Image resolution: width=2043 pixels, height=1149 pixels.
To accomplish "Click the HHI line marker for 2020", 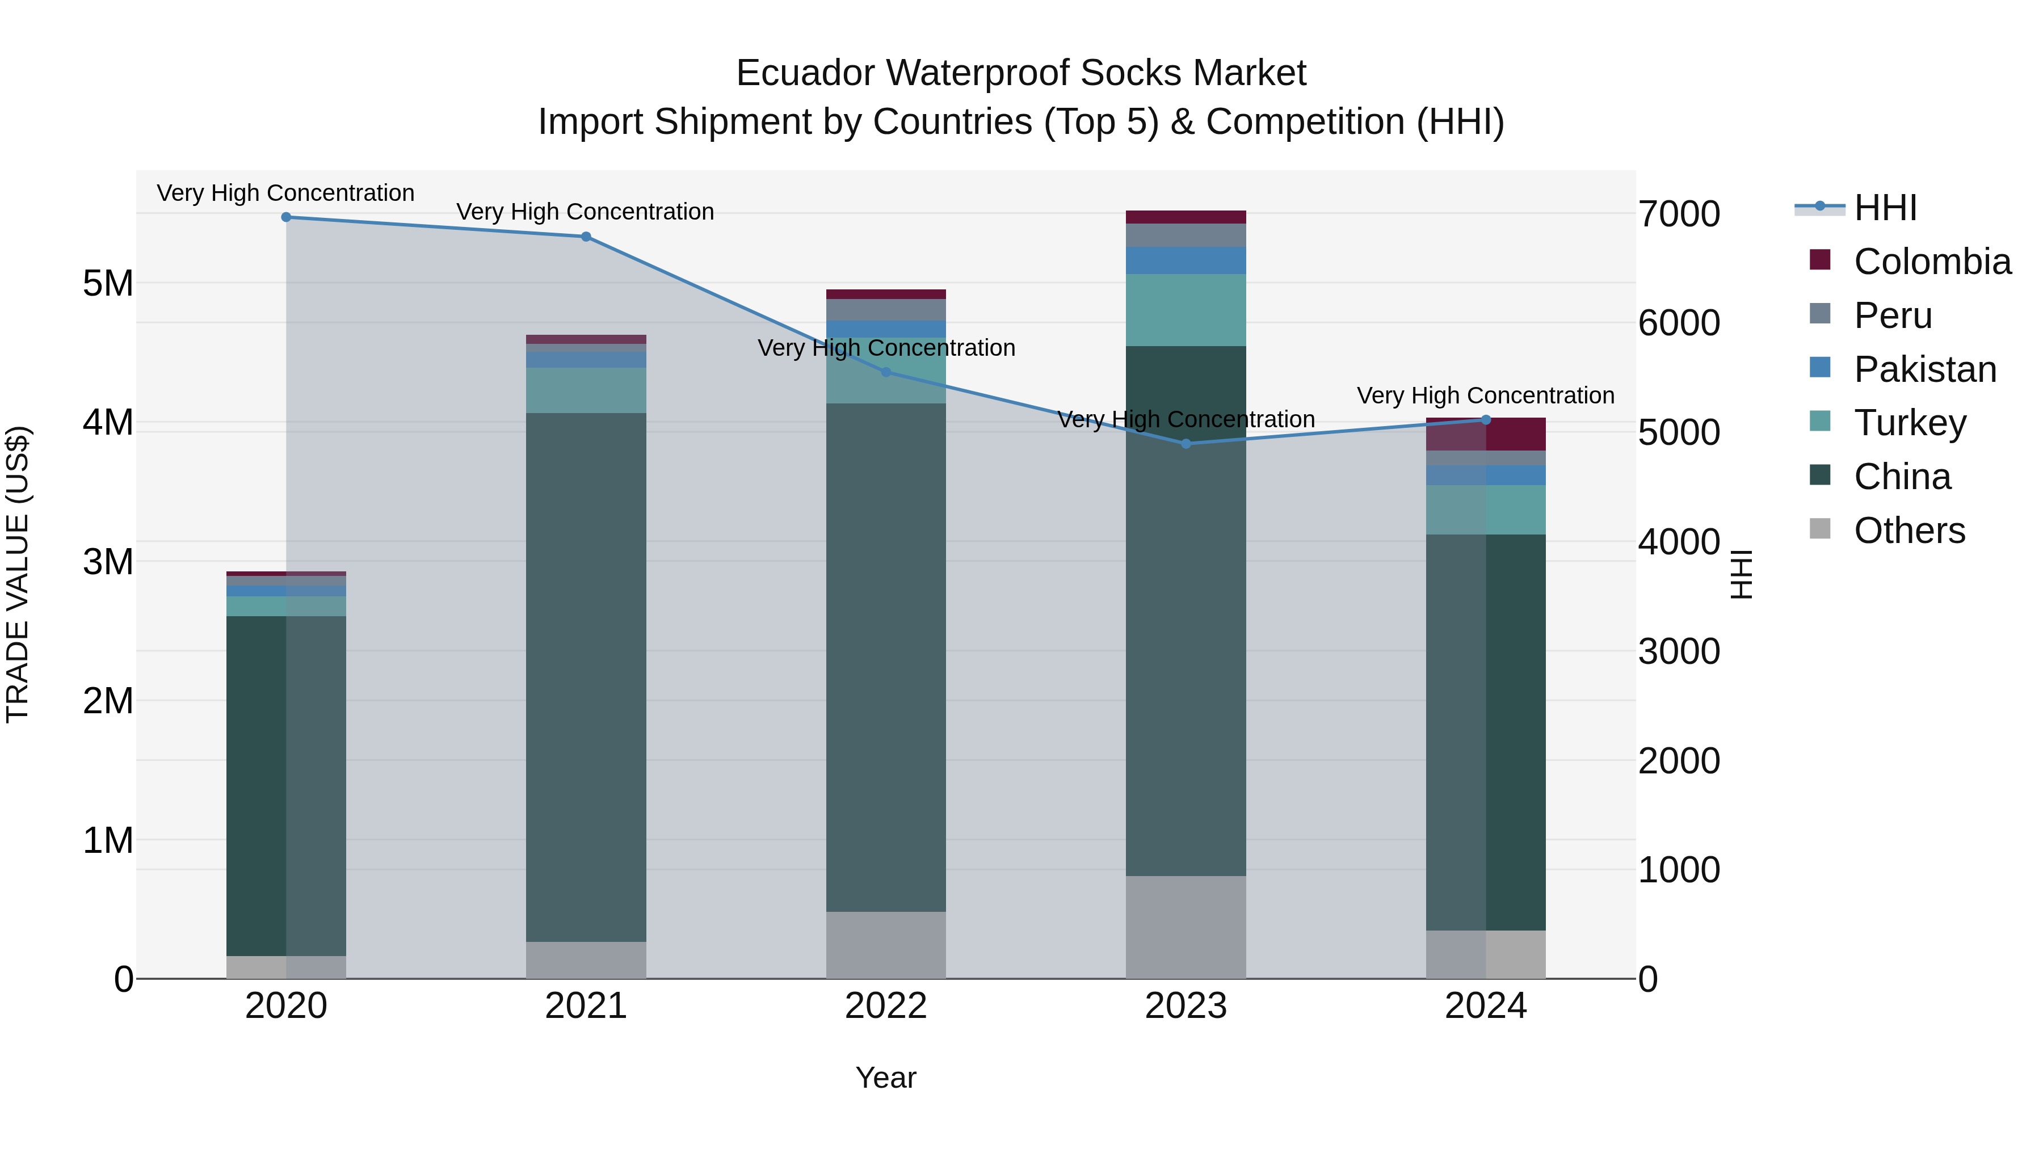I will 287,217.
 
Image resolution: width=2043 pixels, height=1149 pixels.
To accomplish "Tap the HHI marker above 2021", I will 586,236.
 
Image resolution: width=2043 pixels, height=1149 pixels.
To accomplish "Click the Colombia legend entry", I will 1932,262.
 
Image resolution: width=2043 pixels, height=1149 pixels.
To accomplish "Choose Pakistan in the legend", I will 1925,369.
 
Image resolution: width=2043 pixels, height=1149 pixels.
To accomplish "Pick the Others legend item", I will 1909,531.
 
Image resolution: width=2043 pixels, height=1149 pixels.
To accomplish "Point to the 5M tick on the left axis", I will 108,283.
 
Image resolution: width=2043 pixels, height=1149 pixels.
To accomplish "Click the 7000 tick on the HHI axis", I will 1679,214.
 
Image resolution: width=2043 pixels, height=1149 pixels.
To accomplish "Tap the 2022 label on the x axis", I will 886,1006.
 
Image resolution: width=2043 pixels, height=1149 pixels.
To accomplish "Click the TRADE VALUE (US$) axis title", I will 18,574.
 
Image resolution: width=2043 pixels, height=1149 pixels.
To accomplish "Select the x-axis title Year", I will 886,1079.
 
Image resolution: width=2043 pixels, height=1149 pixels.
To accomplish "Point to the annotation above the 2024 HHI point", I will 1486,395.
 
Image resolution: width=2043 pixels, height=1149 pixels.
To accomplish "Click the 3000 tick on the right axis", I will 1679,652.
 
